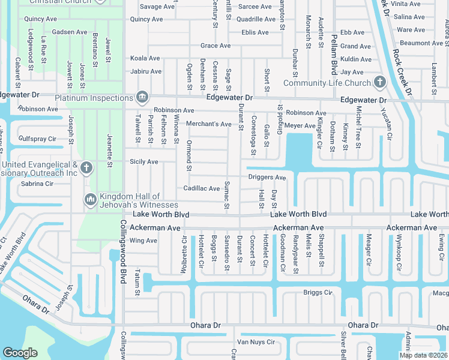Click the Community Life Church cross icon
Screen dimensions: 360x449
coord(379,82)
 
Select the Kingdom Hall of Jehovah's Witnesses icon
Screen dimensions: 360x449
coord(91,199)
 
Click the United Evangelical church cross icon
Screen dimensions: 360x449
coord(86,167)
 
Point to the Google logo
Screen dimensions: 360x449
coord(20,353)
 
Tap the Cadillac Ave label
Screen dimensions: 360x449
coord(202,188)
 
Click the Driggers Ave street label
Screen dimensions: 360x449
coord(267,178)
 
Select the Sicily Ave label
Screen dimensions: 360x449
coord(144,162)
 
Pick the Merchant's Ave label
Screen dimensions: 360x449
coord(208,124)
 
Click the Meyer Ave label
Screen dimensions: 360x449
coord(300,126)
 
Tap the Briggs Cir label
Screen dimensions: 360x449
coord(318,293)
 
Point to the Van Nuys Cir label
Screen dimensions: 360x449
coord(256,342)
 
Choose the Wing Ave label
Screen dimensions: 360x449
coord(143,241)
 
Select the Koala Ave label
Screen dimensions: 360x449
coord(145,58)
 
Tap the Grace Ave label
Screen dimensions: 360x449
coord(215,46)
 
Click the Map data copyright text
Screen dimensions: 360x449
coord(423,355)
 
